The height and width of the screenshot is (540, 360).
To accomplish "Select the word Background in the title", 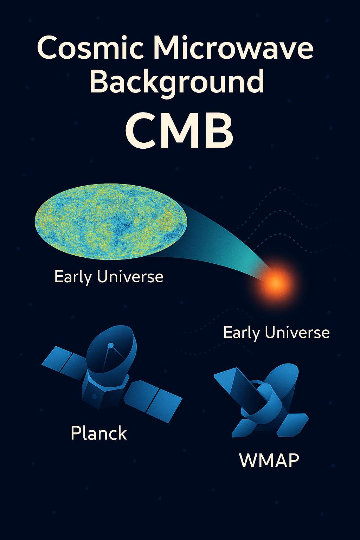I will (x=177, y=82).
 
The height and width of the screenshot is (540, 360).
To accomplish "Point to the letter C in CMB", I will (x=141, y=132).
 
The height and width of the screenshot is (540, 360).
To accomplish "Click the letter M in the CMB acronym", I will (x=179, y=132).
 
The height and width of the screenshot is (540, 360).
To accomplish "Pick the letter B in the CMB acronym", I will (x=218, y=132).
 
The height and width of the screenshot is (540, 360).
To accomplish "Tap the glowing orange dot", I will (x=276, y=281).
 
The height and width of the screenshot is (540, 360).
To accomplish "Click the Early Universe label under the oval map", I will (x=109, y=277).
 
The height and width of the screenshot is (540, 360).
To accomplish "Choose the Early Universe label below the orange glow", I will (x=276, y=333).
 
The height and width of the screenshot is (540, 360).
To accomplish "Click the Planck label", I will (x=99, y=433).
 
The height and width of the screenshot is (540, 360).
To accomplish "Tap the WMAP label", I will (x=269, y=460).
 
